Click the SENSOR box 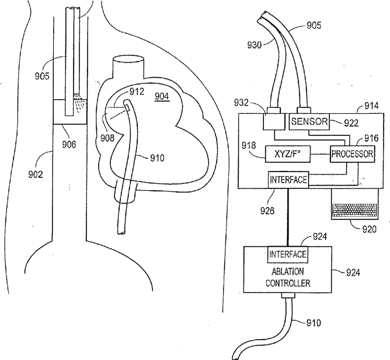click(309, 121)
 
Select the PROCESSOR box click(352, 154)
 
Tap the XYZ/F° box click(287, 154)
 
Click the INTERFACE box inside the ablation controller click(288, 254)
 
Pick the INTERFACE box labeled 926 click(288, 180)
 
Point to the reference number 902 click(36, 174)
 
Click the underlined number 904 click(162, 96)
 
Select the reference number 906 click(69, 145)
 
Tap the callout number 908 click(107, 138)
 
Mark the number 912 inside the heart click(137, 92)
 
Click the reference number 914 click(371, 106)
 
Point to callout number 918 click(249, 145)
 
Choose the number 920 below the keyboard click(369, 229)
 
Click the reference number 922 click(351, 123)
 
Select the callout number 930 click(255, 45)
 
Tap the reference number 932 click(241, 103)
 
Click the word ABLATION click(288, 271)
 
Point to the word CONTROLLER click(288, 283)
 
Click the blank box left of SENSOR click(274, 121)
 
